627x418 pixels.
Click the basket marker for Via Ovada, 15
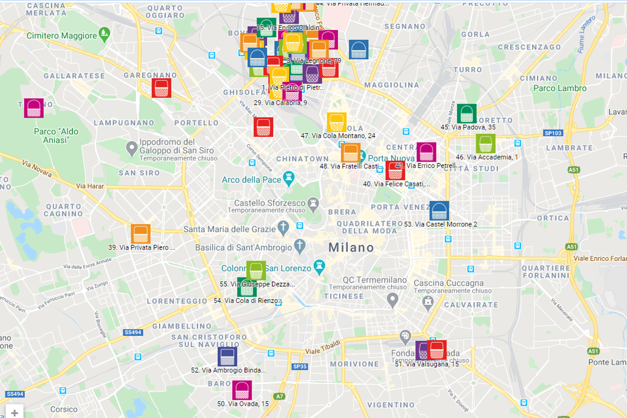tap(242, 390)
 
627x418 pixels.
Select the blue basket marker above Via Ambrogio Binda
tap(227, 356)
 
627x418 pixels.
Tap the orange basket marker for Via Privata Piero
tap(141, 234)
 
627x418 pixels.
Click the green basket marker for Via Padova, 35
tap(466, 113)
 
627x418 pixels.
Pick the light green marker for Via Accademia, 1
tap(485, 144)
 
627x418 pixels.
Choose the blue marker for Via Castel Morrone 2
tap(439, 211)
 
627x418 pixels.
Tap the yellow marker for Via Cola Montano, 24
tap(336, 122)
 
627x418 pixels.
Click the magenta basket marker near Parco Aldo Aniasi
tap(34, 108)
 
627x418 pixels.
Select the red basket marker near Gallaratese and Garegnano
tap(161, 88)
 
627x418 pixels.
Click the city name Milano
tap(351, 248)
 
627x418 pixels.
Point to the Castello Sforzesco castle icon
tap(313, 203)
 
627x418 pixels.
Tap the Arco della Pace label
tap(251, 180)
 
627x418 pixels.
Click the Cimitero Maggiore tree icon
tap(104, 35)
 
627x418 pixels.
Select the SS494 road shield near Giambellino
tap(133, 333)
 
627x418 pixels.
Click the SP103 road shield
tap(553, 133)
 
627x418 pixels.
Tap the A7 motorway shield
tap(279, 397)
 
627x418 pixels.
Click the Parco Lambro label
tap(560, 88)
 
